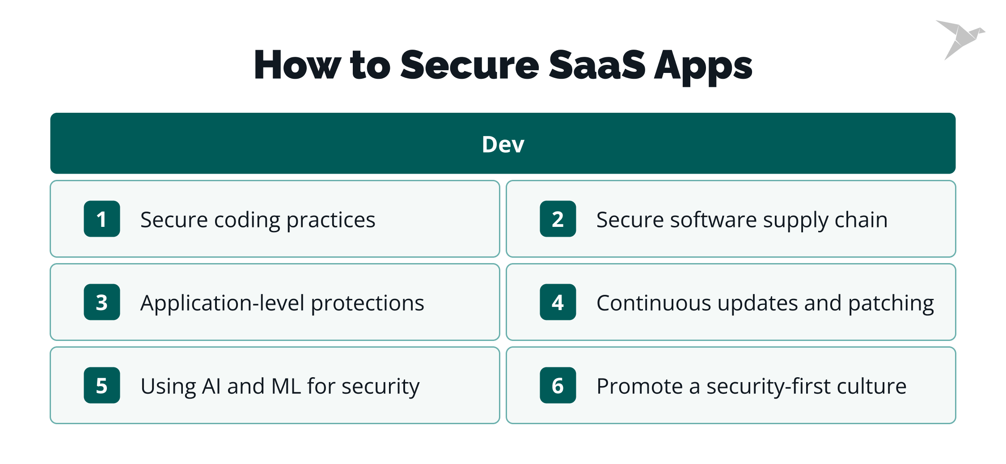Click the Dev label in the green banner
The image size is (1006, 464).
(x=503, y=144)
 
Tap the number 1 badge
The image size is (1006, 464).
(x=102, y=219)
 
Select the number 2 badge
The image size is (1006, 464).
(x=558, y=219)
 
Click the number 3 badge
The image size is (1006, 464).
(x=102, y=302)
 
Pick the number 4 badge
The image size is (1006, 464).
(x=558, y=302)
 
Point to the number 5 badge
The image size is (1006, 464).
(x=102, y=385)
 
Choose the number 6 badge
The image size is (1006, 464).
(x=558, y=385)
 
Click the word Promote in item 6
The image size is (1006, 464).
(x=639, y=386)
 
